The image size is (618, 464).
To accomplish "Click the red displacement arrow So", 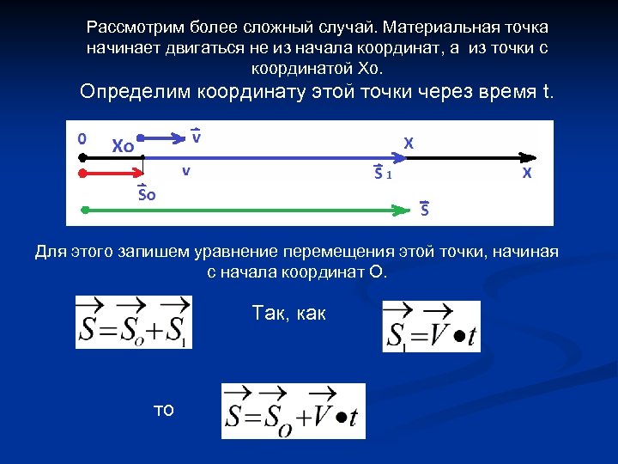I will coord(112,173).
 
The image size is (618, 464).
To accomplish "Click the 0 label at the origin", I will coord(82,137).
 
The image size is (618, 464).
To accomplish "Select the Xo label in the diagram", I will coord(123,146).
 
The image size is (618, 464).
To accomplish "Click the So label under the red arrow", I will coord(148,193).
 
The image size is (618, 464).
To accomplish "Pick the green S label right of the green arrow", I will coord(425,208).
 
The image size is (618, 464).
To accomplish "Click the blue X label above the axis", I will coord(409,143).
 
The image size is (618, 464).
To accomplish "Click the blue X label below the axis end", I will coord(526,174).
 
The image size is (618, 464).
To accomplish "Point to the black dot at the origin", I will coord(81,158).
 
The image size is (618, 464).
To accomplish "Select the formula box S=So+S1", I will coord(133,321).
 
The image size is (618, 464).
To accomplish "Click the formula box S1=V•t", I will coord(431,327).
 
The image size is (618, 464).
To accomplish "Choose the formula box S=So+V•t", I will coord(293,411).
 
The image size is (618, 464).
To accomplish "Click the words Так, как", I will coord(289,314).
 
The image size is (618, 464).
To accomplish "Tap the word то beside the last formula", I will coord(163,411).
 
